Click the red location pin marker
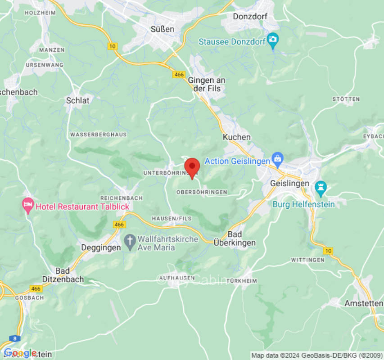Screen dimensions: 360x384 click(192, 167)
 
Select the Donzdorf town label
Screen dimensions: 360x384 click(250, 17)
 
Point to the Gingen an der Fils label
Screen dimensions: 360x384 click(207, 85)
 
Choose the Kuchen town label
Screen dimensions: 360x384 click(237, 137)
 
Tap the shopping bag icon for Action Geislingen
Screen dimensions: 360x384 click(278, 158)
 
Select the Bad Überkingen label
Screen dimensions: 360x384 click(241, 238)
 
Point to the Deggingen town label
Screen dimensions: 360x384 click(101, 247)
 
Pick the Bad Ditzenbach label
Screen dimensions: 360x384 click(63, 275)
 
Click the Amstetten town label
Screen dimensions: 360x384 click(363, 303)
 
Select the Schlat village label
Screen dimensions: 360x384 click(78, 100)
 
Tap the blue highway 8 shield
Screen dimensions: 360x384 click(16, 338)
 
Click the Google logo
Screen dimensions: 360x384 click(20, 353)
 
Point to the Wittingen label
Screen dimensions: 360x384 click(307, 260)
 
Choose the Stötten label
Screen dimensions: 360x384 click(346, 99)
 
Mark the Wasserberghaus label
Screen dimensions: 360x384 click(99, 135)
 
